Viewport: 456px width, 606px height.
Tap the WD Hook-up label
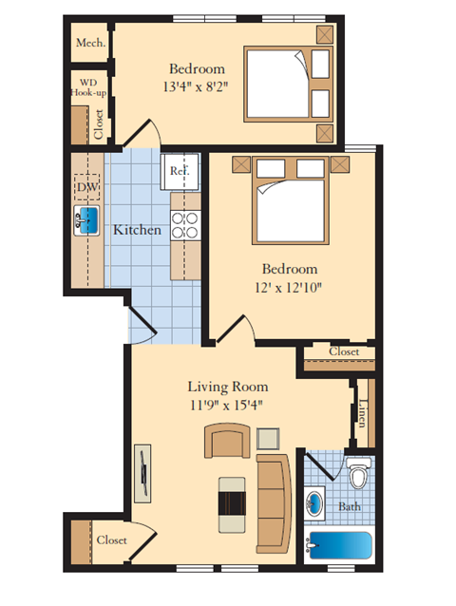tap(86, 87)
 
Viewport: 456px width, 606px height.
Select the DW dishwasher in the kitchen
tap(86, 187)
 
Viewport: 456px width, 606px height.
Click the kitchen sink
tap(87, 222)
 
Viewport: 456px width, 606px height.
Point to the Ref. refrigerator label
tap(179, 171)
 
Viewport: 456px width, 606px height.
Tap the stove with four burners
tap(184, 224)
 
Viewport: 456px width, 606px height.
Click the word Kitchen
tap(137, 230)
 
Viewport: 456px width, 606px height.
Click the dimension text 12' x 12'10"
tap(291, 287)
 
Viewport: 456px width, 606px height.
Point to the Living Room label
tap(227, 387)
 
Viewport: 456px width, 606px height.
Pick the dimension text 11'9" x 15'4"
tap(226, 405)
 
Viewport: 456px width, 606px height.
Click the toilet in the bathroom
tap(357, 472)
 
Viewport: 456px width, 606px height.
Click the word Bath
tap(350, 506)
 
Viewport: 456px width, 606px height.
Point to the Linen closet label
tap(364, 411)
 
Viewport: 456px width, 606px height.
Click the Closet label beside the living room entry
tap(111, 540)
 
